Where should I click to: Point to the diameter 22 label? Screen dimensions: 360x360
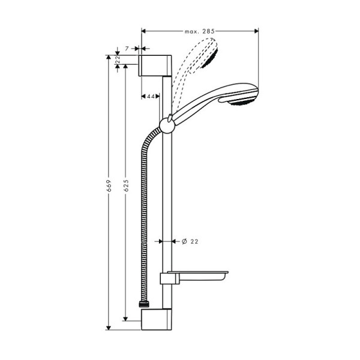click(x=190, y=242)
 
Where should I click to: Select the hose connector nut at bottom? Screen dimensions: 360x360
click(x=144, y=306)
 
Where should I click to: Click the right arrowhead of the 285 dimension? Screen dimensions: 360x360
click(x=256, y=30)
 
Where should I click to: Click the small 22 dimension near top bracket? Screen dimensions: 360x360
click(x=118, y=60)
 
